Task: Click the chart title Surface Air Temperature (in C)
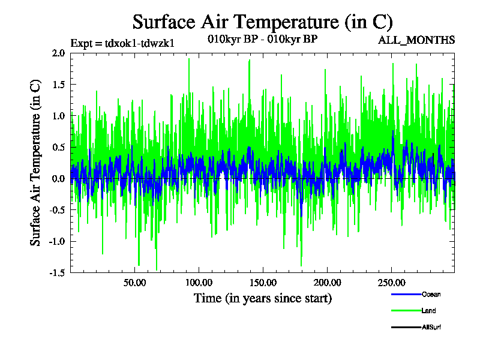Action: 262,22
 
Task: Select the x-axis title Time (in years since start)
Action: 262,298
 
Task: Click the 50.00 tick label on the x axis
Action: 135,282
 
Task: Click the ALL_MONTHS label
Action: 416,40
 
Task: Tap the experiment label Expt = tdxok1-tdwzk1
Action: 122,43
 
